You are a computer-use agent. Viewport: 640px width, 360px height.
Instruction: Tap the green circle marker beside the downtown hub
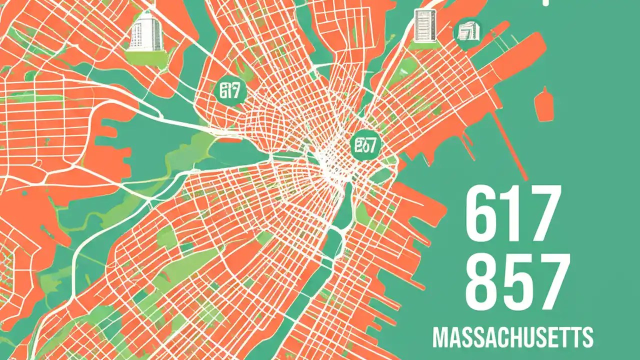[365, 145]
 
